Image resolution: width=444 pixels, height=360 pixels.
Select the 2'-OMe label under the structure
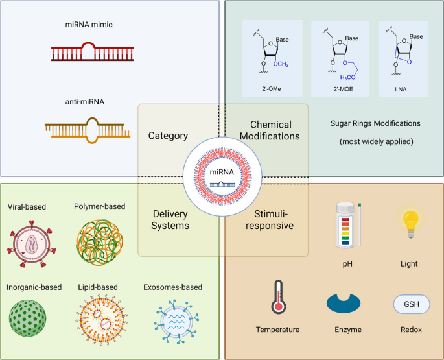pyautogui.click(x=272, y=89)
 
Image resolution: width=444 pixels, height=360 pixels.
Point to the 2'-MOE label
pyautogui.click(x=343, y=89)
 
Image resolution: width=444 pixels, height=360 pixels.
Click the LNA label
pyautogui.click(x=401, y=90)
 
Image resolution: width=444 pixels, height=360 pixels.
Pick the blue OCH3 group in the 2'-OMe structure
pyautogui.click(x=281, y=64)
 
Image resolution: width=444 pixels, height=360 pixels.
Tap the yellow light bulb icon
pyautogui.click(x=410, y=224)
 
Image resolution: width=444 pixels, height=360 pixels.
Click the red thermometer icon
pyautogui.click(x=279, y=297)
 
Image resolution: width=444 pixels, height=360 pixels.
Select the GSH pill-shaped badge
pyautogui.click(x=412, y=304)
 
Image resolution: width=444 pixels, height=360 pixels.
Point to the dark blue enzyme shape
pyautogui.click(x=344, y=304)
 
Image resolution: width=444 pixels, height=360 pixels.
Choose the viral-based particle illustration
pyautogui.click(x=31, y=244)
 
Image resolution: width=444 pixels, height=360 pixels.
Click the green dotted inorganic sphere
pyautogui.click(x=27, y=318)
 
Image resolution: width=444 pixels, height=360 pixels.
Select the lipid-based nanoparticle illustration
pyautogui.click(x=101, y=318)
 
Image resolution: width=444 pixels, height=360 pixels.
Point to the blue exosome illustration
pyautogui.click(x=177, y=322)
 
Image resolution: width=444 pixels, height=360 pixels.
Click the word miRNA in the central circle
pyautogui.click(x=222, y=172)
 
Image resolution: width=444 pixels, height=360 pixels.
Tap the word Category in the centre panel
pyautogui.click(x=168, y=136)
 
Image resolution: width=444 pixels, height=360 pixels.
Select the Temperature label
pyautogui.click(x=277, y=330)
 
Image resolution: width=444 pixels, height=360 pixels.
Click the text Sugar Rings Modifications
pyautogui.click(x=375, y=124)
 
